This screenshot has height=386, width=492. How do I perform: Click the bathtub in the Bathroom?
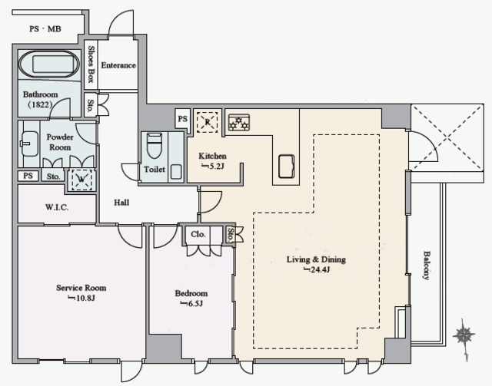pos(49,64)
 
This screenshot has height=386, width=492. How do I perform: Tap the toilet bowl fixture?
pos(154,145)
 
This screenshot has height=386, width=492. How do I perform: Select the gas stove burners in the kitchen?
pos(239,122)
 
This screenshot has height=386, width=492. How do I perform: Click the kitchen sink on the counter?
pos(287,166)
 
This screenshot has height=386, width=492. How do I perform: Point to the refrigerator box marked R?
pos(207,122)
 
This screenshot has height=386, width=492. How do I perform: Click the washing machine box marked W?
pos(81,180)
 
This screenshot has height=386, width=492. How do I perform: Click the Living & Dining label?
pos(316,259)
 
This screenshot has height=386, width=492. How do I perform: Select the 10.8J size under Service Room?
pos(81,298)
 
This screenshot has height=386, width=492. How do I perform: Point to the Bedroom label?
pos(191,294)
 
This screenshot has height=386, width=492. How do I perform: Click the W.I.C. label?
pos(57,207)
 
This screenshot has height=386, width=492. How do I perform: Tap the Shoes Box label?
pos(91,64)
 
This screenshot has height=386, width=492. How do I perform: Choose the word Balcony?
pos(426,265)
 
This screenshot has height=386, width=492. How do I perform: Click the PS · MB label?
pos(45,29)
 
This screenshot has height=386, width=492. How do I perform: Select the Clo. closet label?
pos(198,234)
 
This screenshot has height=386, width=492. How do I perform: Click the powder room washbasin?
pos(29,144)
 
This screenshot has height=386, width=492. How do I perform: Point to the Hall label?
pos(121,203)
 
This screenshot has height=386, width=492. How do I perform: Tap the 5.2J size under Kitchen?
pos(212,166)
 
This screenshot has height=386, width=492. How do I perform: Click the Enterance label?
pos(118,65)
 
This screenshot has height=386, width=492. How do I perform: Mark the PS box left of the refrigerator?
pos(183,118)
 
